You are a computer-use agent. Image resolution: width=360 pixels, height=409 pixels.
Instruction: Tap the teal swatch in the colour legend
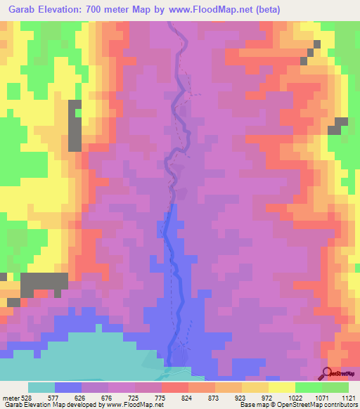tap(41, 387)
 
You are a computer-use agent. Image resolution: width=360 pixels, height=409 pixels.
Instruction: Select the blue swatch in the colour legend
tap(68, 387)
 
